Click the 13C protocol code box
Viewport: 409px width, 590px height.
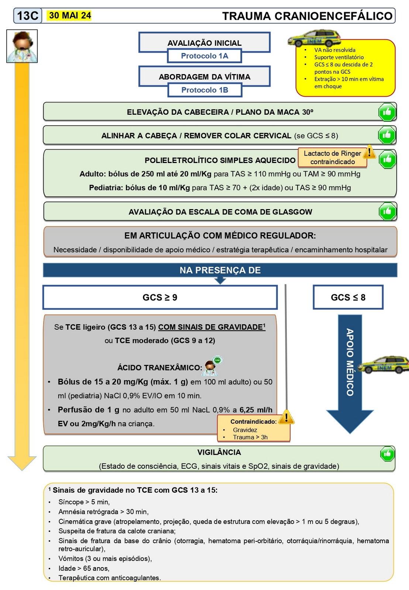click(x=28, y=16)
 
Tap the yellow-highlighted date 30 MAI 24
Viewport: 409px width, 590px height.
click(x=70, y=15)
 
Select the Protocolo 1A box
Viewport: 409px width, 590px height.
click(x=205, y=56)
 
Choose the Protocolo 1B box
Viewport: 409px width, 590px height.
click(x=205, y=90)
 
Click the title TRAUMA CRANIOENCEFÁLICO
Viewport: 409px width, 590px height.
click(x=307, y=16)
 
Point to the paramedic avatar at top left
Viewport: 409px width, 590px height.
click(x=22, y=46)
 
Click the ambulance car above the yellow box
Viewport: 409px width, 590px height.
click(x=314, y=38)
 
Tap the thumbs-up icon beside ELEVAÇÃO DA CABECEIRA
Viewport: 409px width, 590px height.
click(x=387, y=112)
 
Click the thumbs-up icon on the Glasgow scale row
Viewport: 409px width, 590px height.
click(x=387, y=211)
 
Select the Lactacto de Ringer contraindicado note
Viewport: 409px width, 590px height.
click(x=332, y=157)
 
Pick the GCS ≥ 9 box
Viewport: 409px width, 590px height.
click(x=160, y=297)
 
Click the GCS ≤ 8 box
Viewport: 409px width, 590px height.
click(x=348, y=297)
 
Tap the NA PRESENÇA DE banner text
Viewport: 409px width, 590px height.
click(x=220, y=270)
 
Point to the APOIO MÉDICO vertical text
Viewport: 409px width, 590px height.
click(x=350, y=362)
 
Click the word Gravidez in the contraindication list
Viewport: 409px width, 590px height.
click(x=245, y=430)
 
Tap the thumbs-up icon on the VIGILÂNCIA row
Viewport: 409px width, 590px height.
click(x=387, y=454)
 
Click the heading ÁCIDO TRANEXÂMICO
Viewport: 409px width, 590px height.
click(x=159, y=368)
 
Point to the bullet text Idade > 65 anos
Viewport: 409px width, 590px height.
click(x=84, y=568)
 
